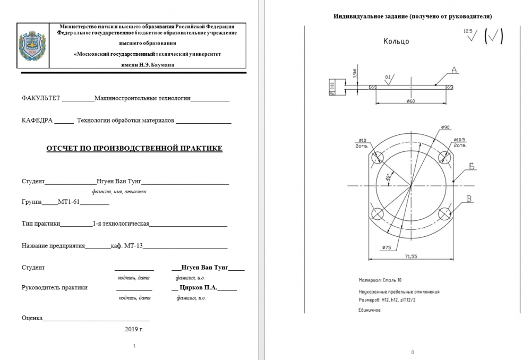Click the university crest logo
coord(32,45)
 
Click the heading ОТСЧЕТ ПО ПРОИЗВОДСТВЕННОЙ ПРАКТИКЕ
coord(135,148)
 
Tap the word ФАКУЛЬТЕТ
coord(41,98)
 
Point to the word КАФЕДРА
coord(37,121)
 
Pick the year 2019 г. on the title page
coord(134,329)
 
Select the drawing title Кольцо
coord(396,41)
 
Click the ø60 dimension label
coord(410,101)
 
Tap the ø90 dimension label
coord(445,127)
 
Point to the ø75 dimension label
coord(386,247)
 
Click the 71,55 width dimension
coord(410,256)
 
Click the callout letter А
coord(455,70)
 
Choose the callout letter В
coord(469,199)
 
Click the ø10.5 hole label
coord(459,140)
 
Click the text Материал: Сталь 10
coord(380,279)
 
